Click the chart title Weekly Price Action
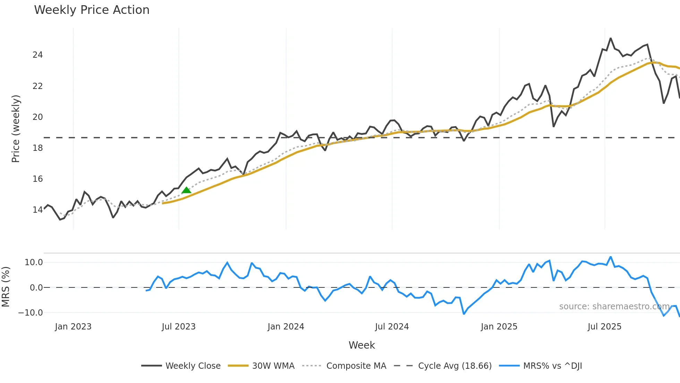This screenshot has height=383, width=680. click(x=92, y=10)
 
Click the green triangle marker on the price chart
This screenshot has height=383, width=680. click(x=186, y=190)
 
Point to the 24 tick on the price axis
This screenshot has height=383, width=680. click(x=37, y=55)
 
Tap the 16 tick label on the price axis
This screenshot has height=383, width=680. click(x=37, y=179)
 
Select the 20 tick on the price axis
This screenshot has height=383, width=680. click(x=37, y=117)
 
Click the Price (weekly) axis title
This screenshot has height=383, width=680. click(x=16, y=129)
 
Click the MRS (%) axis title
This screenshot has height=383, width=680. click(x=6, y=287)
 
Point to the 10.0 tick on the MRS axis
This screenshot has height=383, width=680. click(x=34, y=262)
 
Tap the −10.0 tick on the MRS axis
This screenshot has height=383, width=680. click(x=31, y=313)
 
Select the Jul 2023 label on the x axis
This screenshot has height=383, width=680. click(x=179, y=327)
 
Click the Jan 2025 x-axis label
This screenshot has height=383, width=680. click(x=499, y=327)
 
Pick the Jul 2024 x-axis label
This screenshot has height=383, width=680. click(x=392, y=327)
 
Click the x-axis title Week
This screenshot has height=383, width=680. click(x=362, y=345)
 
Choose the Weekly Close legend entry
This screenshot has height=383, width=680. click(x=193, y=366)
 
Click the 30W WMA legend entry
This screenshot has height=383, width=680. click(x=273, y=366)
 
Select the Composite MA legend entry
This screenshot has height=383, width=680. click(x=356, y=366)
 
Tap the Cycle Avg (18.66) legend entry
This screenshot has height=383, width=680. click(x=454, y=366)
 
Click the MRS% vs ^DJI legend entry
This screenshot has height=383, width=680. click(x=552, y=366)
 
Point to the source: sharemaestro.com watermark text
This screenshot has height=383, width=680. click(x=614, y=307)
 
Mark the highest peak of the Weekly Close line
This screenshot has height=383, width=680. click(x=611, y=39)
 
